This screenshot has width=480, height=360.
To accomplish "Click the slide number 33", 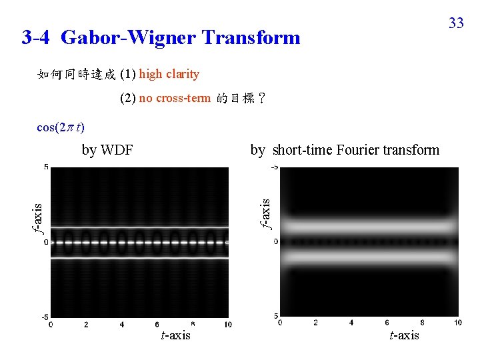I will (x=456, y=23).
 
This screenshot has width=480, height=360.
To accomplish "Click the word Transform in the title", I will (x=251, y=37).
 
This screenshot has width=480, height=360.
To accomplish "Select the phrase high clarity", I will (x=169, y=74).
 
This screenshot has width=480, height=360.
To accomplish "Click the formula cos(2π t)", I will (x=61, y=127).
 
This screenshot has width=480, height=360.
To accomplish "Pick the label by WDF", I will (x=107, y=150).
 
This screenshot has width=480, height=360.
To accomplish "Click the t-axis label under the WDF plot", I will (x=176, y=335).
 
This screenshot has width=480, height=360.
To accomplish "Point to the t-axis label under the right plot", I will (x=405, y=335).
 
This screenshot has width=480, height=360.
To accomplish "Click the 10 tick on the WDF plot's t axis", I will (x=228, y=324).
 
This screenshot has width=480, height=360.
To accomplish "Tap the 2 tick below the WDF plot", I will (x=87, y=324).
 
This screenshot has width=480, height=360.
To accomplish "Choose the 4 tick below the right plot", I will (x=351, y=323).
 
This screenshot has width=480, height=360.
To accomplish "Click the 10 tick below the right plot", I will (x=457, y=323).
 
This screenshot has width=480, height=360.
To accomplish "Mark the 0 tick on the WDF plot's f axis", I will (x=46, y=242).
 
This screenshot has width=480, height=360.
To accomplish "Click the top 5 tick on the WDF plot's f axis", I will (x=46, y=167).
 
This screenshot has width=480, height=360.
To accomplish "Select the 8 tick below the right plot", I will (x=422, y=323).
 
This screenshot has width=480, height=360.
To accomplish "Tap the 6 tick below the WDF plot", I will (x=157, y=324).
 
